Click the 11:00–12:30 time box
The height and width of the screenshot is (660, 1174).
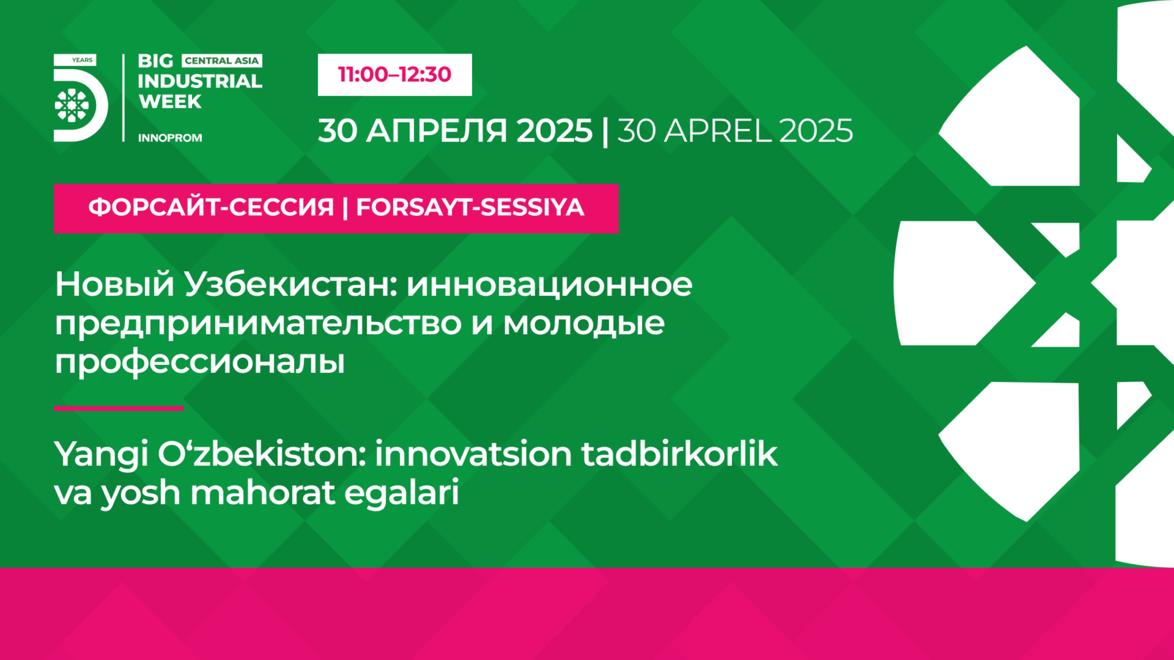(x=395, y=75)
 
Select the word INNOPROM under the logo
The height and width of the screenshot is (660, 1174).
(x=170, y=138)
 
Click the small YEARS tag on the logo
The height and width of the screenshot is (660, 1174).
(x=82, y=60)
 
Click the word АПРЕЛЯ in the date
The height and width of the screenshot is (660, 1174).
(x=437, y=131)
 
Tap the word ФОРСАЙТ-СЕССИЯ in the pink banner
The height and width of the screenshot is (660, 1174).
(x=211, y=208)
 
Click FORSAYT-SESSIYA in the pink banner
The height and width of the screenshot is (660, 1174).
(x=470, y=208)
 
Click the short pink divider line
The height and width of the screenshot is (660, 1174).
(x=119, y=409)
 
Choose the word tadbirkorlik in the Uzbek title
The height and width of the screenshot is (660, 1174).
(x=680, y=454)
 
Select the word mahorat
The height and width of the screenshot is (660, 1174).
(x=262, y=493)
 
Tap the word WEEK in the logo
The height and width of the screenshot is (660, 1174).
(x=170, y=101)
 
